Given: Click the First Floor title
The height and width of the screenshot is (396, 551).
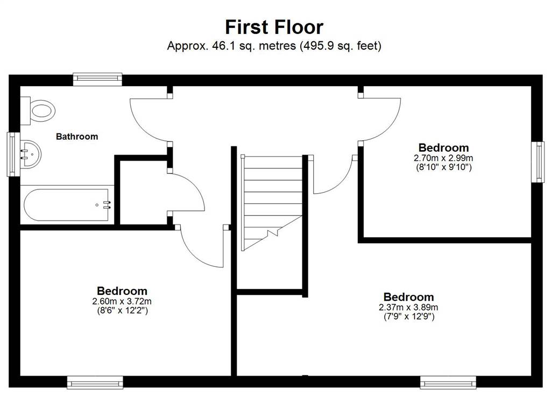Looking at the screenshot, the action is pos(274,27).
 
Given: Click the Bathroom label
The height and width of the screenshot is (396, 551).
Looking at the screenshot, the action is pos(77,136).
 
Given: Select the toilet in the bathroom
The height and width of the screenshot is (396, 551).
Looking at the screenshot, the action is pos(38,111).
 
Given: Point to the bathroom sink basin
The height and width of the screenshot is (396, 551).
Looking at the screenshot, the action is pos(31,154).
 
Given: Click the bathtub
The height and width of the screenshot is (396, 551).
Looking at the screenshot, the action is pos(66,205).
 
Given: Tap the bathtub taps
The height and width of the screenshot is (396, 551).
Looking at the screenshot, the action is pos(107,205).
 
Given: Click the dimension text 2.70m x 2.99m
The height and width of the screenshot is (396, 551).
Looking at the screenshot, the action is pos(443,158).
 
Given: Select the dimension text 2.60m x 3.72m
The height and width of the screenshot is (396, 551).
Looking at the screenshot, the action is pos(122,301).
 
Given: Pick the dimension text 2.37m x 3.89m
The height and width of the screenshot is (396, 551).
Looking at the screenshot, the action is pos(408,307).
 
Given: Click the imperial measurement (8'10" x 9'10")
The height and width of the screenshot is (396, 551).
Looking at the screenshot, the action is pos(443,167).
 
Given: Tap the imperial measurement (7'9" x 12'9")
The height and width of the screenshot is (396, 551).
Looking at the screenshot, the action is pos(409,316).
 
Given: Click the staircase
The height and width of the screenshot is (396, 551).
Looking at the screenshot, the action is pos(272,203).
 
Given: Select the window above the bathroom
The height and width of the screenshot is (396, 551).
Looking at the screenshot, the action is pos(97,79).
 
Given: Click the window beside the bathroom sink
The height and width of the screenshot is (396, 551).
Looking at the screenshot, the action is pos(13,154).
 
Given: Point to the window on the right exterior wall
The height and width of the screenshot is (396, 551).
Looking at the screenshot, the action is pos(538,162).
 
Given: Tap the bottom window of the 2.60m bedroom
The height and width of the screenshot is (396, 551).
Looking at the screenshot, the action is pos(95,383).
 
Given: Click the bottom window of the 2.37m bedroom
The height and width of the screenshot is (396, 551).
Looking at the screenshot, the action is pos(448,383).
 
